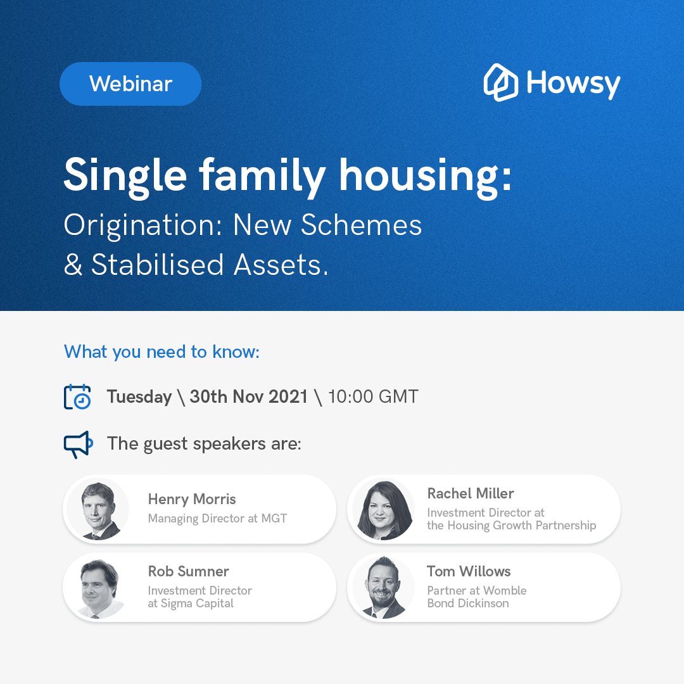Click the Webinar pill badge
point(130,84)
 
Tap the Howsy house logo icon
point(501,82)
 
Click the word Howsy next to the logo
point(574,84)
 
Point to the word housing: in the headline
point(424,176)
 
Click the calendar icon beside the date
point(77,397)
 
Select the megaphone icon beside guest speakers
point(78,445)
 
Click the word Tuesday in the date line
point(139,397)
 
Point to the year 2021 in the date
point(288,397)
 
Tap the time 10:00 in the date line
point(350,397)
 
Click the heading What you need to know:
point(161,352)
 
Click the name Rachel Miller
point(471,493)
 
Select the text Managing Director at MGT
point(217,519)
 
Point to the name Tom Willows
point(469,571)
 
